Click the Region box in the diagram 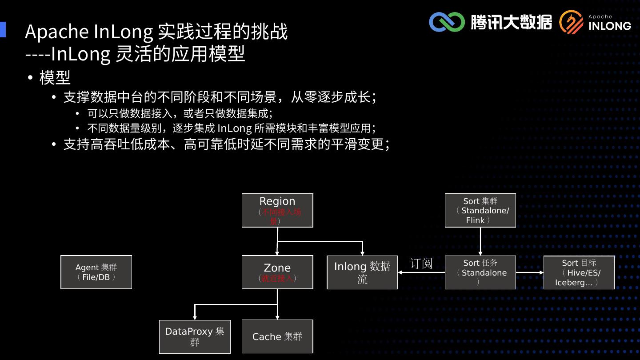pyautogui.click(x=277, y=210)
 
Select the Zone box pyautogui.click(x=277, y=272)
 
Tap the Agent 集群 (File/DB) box pyautogui.click(x=96, y=272)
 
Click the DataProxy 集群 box pyautogui.click(x=195, y=336)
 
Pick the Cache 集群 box pyautogui.click(x=277, y=336)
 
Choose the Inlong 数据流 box pyautogui.click(x=362, y=272)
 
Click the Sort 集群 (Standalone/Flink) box pyautogui.click(x=480, y=210)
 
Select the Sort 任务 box pyautogui.click(x=480, y=272)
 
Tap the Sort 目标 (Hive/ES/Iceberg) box pyautogui.click(x=579, y=272)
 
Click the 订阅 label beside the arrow pyautogui.click(x=421, y=264)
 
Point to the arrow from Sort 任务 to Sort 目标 pyautogui.click(x=530, y=272)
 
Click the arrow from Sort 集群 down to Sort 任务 pyautogui.click(x=480, y=241)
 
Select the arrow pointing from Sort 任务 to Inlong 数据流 pyautogui.click(x=421, y=272)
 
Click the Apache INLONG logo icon pyautogui.click(x=571, y=22)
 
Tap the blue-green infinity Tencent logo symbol pyautogui.click(x=446, y=22)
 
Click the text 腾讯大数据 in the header pyautogui.click(x=511, y=22)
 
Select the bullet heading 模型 pyautogui.click(x=55, y=78)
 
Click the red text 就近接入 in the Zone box pyautogui.click(x=277, y=279)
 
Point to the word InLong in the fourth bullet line pyautogui.click(x=234, y=128)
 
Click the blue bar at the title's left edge pyautogui.click(x=3, y=29)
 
